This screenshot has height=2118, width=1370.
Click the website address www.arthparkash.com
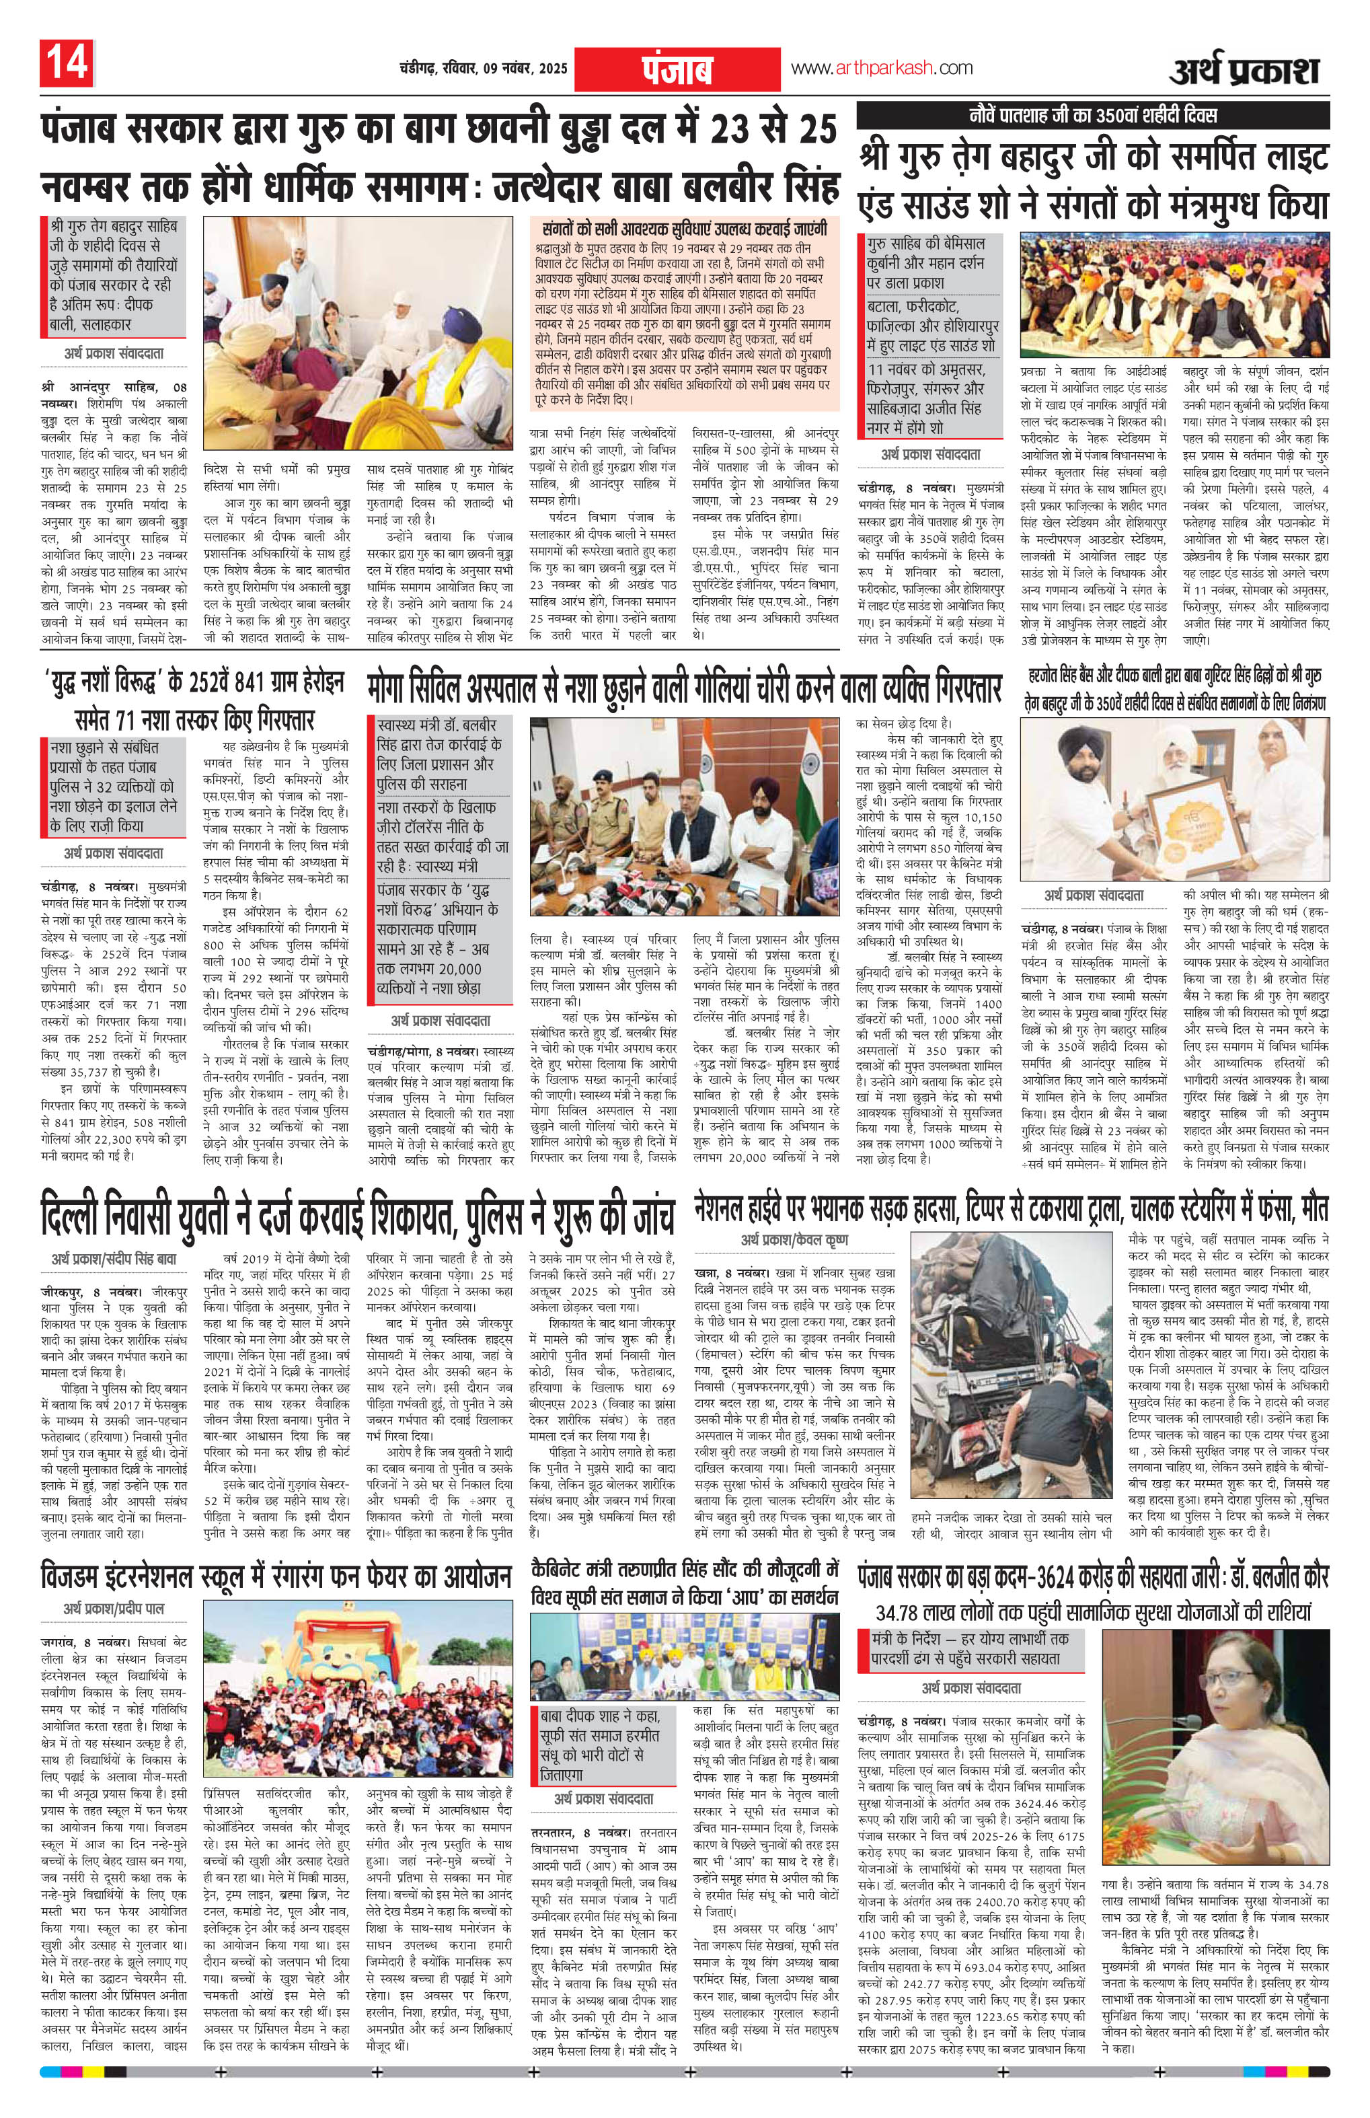882,69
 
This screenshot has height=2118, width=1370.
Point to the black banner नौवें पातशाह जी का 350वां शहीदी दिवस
1092,116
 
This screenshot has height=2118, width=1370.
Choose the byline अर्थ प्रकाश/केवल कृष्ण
794,1240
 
